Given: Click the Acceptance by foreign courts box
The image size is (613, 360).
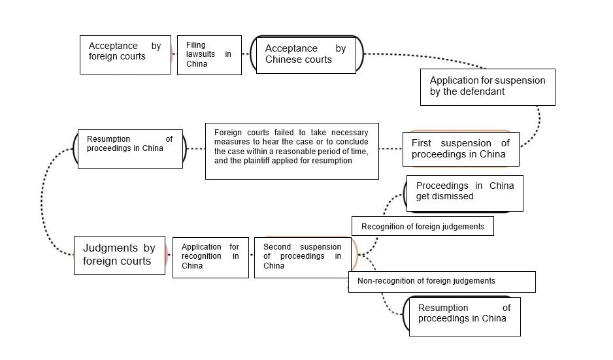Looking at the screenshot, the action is point(125,55).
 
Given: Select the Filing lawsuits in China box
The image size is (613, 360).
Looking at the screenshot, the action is point(210,55).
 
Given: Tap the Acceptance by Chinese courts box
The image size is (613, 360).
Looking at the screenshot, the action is point(306,55).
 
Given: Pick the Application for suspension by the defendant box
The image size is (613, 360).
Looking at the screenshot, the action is point(488,87).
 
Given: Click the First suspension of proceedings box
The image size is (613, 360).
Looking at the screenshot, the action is point(461,150).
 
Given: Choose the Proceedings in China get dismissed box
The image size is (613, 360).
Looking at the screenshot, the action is point(465,193).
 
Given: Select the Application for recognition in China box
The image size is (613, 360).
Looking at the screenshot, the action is point(210,257).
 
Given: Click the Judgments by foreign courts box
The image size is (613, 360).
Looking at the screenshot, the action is point(120,255).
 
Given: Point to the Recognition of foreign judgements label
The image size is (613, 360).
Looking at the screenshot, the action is point(423,226).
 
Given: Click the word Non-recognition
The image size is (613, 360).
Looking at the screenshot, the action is point(382,281).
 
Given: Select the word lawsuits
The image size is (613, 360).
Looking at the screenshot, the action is point(200,54).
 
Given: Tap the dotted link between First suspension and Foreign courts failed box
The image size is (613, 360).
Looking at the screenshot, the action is point(391,149).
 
